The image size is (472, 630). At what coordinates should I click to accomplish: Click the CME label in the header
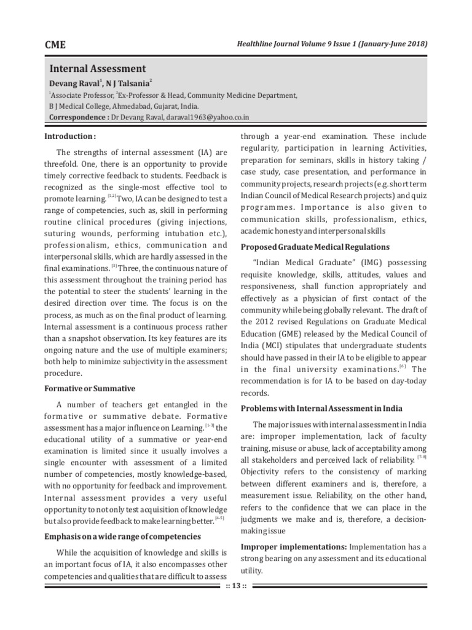point(55,44)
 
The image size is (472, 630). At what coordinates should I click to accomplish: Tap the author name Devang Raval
point(73,83)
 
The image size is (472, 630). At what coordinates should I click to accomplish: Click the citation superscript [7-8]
point(422,458)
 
